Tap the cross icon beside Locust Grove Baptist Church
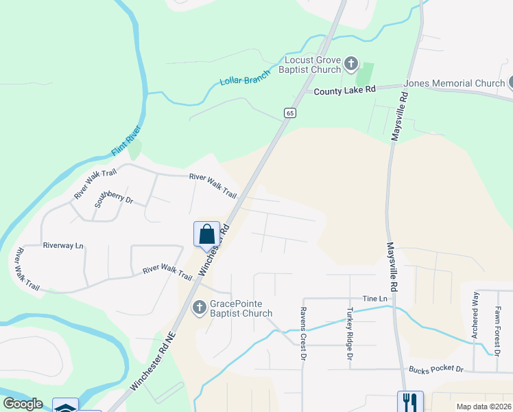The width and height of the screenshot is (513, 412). [351, 65]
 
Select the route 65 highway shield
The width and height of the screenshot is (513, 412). [291, 113]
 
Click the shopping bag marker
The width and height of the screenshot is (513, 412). [206, 234]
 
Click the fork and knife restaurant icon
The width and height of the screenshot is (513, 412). [409, 401]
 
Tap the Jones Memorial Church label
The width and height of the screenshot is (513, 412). [454, 83]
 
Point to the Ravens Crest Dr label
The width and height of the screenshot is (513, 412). [302, 333]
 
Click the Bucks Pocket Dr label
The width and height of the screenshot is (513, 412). [436, 369]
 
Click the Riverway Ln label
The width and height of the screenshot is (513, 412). [62, 245]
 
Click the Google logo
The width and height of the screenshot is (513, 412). [23, 404]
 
